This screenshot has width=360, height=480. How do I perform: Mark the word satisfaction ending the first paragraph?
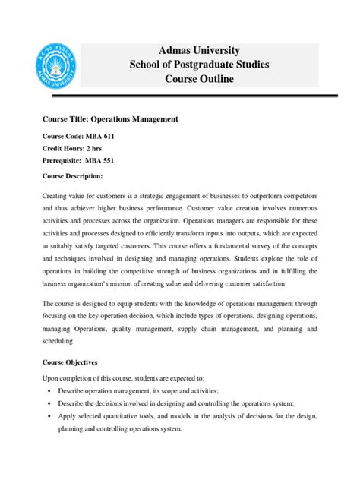click(x=266, y=284)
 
